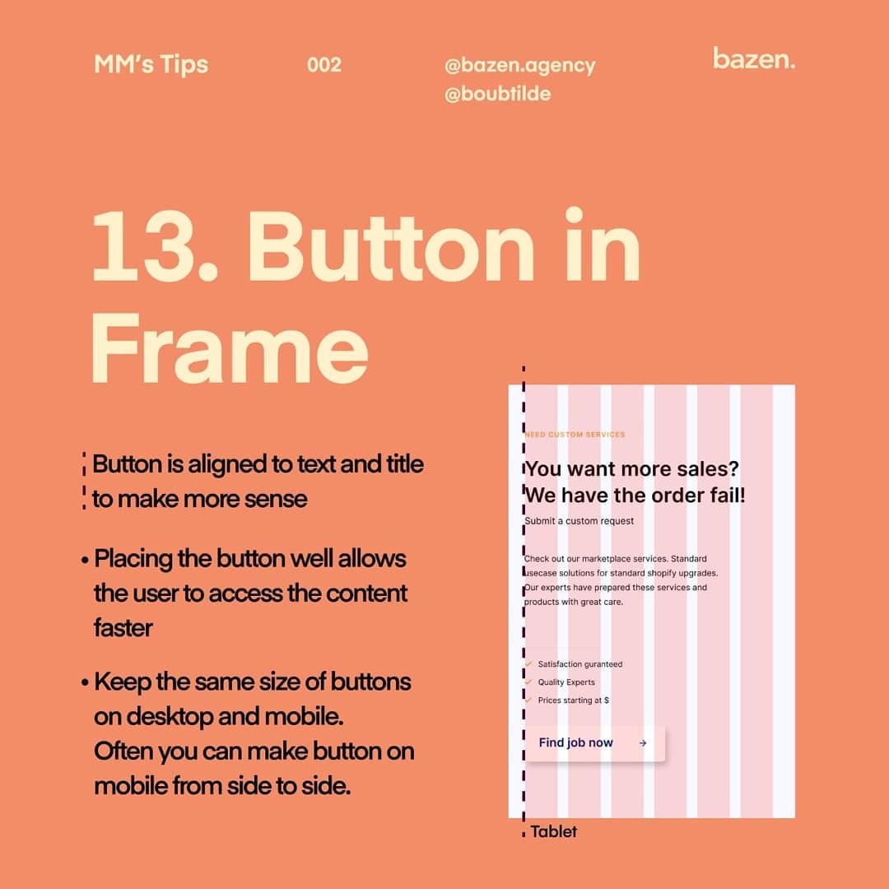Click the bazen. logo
coord(754,58)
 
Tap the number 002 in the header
coord(324,65)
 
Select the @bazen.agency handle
coord(520,66)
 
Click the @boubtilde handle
coord(498,94)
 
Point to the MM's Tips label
coord(151,65)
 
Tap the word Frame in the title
coord(230,348)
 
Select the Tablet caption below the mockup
coord(553,831)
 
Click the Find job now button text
coord(575,742)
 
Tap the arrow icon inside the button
coord(642,743)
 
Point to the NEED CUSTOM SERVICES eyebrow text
coord(575,435)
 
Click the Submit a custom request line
coord(579,521)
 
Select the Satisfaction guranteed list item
coord(580,664)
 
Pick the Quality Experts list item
coord(566,682)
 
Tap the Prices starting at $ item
coord(573,700)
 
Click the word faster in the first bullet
coord(123,628)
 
